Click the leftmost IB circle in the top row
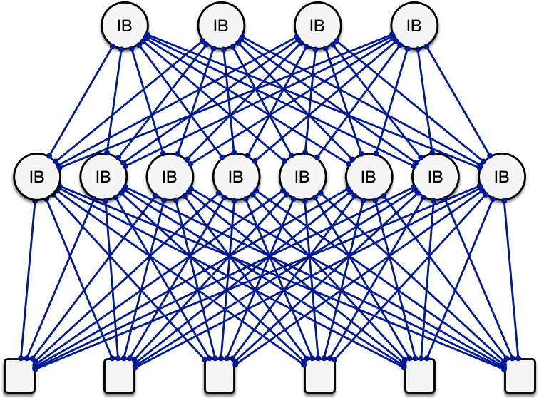[125, 26]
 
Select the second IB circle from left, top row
[221, 26]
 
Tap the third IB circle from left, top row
[317, 26]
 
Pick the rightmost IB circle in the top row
[414, 26]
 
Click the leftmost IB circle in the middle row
[37, 176]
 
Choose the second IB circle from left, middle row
[103, 176]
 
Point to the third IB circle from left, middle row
[170, 176]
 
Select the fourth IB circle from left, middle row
[236, 176]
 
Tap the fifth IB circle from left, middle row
[302, 176]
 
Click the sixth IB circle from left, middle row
[369, 176]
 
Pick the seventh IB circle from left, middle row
[435, 176]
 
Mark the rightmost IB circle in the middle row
[501, 176]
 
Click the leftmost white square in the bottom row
[19, 375]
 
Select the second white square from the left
[119, 375]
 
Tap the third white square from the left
[220, 375]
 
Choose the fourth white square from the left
[319, 375]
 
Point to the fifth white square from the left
[420, 375]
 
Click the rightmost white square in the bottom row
[520, 375]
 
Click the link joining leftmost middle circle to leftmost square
[29, 278]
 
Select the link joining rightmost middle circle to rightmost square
[510, 278]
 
